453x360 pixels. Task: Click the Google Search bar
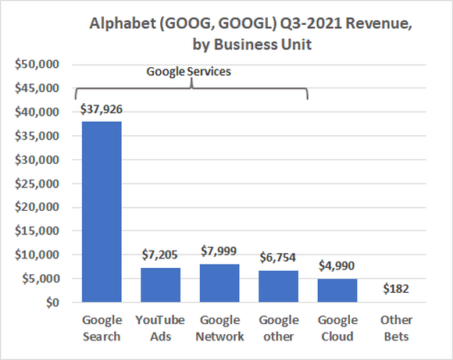coord(101,212)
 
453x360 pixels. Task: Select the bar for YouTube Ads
coord(160,285)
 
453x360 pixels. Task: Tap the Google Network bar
coord(219,283)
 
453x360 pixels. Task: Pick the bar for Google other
coord(278,286)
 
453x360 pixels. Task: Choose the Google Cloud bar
coord(337,290)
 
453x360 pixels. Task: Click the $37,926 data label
coord(101,109)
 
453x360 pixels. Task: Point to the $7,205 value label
coord(160,255)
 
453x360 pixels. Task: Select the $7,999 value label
coord(219,251)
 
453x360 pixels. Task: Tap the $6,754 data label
coord(278,257)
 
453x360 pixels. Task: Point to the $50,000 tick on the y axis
coord(36,64)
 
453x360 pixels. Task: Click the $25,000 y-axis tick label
coord(36,184)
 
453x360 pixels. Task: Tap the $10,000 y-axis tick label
coord(36,255)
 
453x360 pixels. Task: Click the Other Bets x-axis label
coord(397,328)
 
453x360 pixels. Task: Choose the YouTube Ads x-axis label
coord(160,328)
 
